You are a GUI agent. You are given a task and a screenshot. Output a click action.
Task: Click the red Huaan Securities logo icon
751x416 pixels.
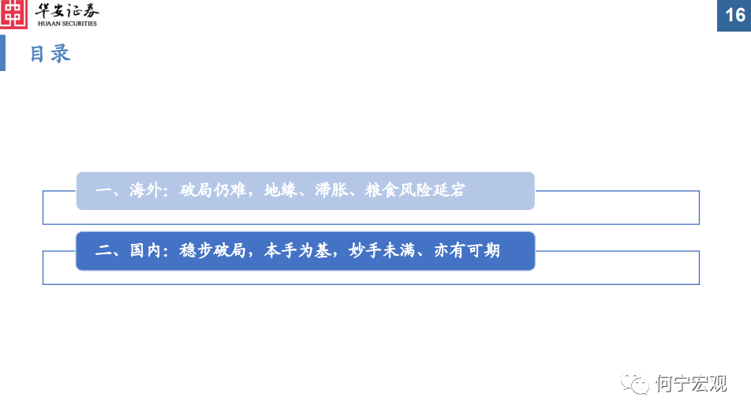click(x=14, y=14)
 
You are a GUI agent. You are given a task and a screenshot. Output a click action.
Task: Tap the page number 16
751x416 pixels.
click(x=734, y=16)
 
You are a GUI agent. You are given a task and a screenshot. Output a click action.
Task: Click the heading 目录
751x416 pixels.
click(x=50, y=54)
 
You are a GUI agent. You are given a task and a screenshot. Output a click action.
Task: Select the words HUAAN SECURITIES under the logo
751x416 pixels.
click(x=67, y=24)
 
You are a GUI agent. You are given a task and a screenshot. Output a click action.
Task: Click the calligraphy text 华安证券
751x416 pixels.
click(x=68, y=11)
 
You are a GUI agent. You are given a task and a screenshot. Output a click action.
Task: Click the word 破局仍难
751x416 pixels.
click(x=214, y=191)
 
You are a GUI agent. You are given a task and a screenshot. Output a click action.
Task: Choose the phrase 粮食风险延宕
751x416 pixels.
click(x=415, y=191)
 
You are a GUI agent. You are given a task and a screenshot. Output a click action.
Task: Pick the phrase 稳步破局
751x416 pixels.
click(x=214, y=251)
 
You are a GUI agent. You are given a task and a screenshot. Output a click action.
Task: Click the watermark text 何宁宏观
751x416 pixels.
click(x=690, y=384)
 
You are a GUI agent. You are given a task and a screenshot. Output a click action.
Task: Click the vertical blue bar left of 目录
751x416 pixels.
click(x=2, y=53)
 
